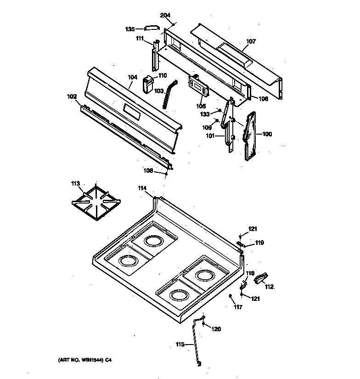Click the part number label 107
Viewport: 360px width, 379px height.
click(251, 41)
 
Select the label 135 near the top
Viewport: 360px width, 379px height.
click(130, 29)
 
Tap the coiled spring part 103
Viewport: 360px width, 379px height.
click(170, 94)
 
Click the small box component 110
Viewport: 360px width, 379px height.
click(148, 84)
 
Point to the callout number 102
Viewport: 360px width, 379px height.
click(72, 97)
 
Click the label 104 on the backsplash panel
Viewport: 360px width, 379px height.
click(132, 78)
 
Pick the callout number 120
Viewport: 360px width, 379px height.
click(216, 329)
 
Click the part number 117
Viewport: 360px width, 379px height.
click(237, 307)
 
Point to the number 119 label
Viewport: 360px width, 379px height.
click(259, 243)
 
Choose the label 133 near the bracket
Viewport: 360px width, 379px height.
click(205, 113)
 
